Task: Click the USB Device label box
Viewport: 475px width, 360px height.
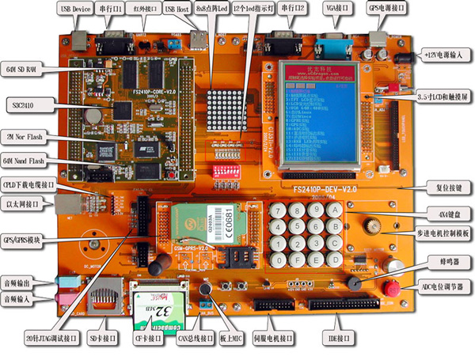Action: pyautogui.click(x=74, y=9)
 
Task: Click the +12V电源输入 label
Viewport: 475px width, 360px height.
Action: pyautogui.click(x=439, y=57)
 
